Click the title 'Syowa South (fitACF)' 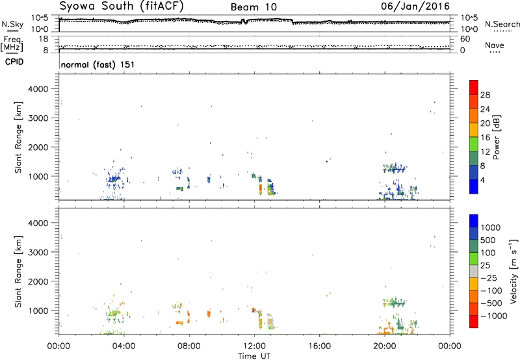click(122, 6)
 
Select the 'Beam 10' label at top click(253, 7)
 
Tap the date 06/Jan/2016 click(415, 6)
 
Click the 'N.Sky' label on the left click(12, 24)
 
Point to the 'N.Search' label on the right click(502, 24)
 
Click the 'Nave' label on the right click(495, 45)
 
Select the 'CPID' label click(14, 62)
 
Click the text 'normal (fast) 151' click(98, 64)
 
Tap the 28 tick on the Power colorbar click(485, 95)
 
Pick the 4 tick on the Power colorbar click(483, 180)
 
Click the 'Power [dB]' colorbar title click(497, 137)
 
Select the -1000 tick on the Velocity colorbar click(494, 316)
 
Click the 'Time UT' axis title click(254, 356)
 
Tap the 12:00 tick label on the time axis click(254, 346)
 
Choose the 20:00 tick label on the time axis click(385, 346)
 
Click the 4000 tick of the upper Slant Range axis click(38, 89)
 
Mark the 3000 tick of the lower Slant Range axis click(38, 252)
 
